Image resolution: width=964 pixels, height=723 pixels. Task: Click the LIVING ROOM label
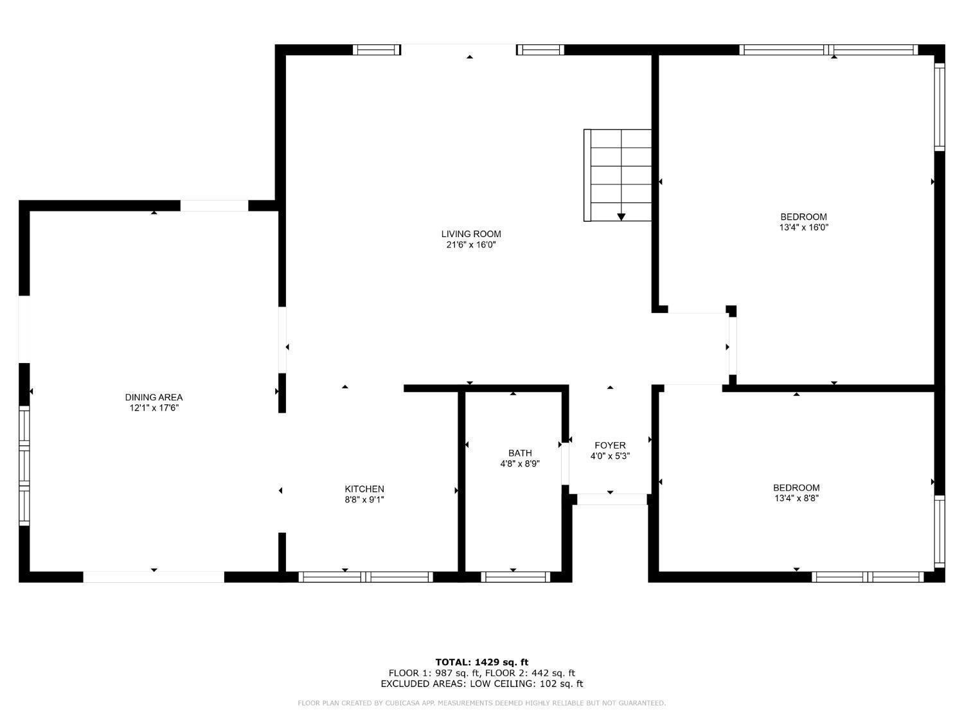[x=471, y=234]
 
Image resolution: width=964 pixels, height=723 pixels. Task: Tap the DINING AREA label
[x=154, y=397]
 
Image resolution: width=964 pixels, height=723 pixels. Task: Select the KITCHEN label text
[x=364, y=489]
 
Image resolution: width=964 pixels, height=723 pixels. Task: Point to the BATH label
[x=520, y=453]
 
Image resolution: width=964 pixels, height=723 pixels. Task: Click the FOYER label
[x=610, y=445]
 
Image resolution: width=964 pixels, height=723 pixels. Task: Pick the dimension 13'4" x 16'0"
[x=803, y=228]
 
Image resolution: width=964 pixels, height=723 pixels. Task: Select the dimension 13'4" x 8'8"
[x=796, y=498]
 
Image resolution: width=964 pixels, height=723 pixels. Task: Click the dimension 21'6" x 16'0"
[x=471, y=245]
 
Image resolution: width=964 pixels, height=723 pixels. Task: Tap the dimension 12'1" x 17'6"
[x=154, y=408]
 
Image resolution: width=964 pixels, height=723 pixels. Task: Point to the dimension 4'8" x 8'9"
[x=520, y=463]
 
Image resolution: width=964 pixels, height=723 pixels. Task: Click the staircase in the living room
[x=618, y=175]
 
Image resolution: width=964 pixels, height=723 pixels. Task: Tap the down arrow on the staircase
[x=621, y=217]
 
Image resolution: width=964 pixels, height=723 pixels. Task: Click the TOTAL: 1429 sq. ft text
[x=482, y=662]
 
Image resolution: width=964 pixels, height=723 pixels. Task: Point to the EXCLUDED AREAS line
[x=482, y=684]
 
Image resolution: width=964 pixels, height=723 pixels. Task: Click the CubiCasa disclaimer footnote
[x=482, y=703]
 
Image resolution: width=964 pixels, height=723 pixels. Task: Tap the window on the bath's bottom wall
[x=515, y=576]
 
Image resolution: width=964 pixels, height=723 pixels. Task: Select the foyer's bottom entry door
[x=611, y=499]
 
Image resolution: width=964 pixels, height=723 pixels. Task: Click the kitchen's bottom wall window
[x=366, y=576]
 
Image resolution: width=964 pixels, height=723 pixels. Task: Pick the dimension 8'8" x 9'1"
[x=364, y=499]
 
